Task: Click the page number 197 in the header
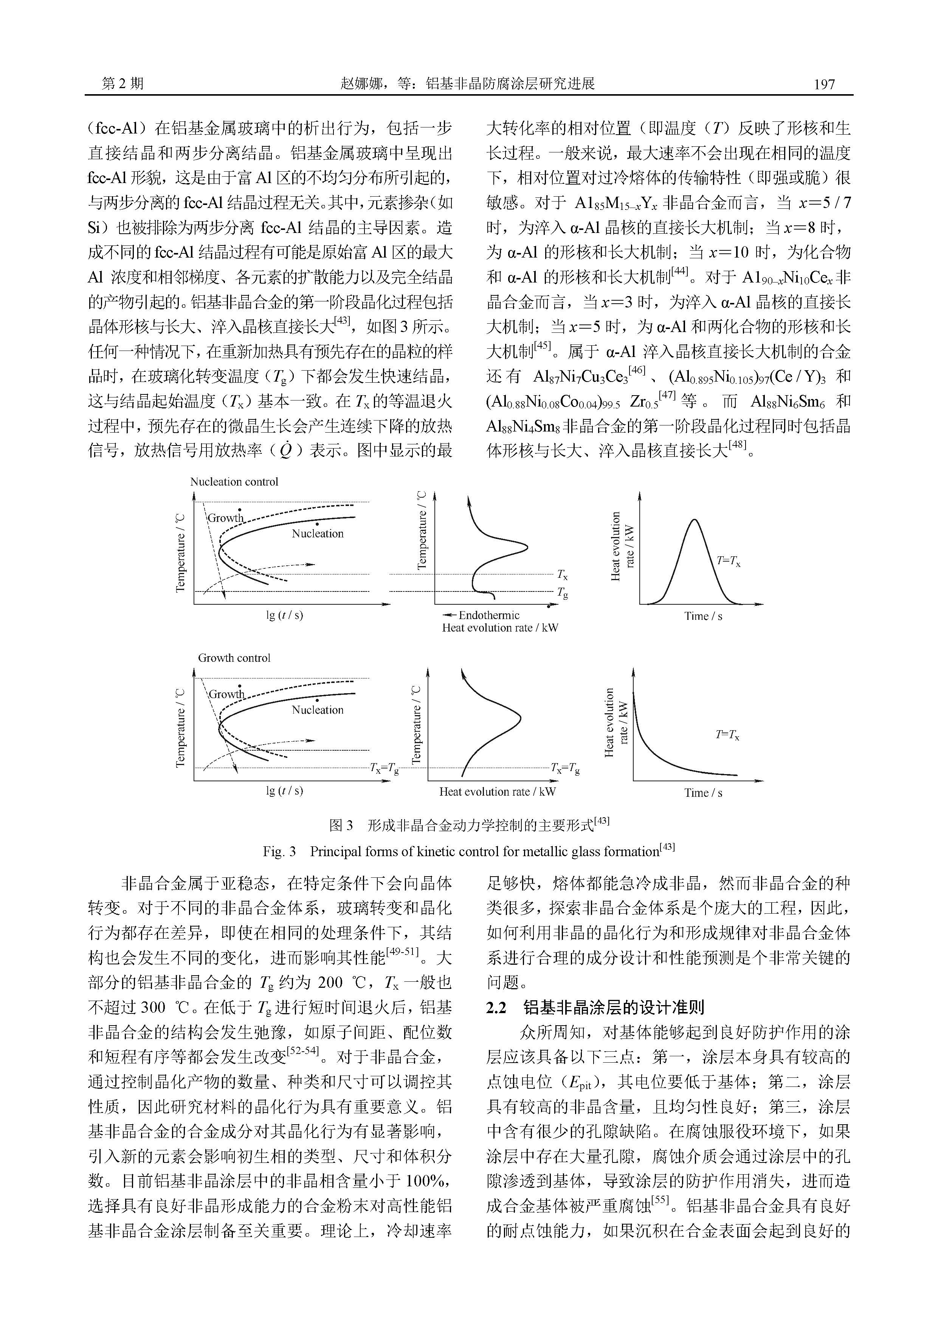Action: click(823, 84)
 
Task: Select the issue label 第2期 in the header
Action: click(122, 84)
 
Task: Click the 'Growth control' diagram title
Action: click(234, 658)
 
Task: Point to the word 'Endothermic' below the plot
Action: click(489, 616)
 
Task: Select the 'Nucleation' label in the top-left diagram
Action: click(317, 534)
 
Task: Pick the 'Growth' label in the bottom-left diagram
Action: click(226, 694)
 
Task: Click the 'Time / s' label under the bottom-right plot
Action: click(703, 793)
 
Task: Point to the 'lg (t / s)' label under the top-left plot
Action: click(284, 616)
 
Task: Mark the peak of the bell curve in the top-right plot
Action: click(695, 520)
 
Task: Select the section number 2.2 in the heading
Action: click(496, 1008)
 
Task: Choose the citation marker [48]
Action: click(738, 445)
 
